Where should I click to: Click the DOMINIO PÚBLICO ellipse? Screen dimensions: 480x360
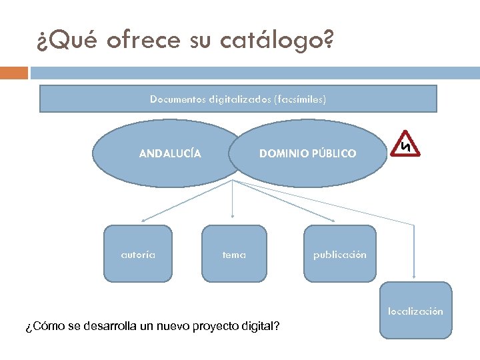click(x=308, y=153)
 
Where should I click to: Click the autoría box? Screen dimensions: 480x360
click(x=138, y=254)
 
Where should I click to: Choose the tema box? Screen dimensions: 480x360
click(x=234, y=254)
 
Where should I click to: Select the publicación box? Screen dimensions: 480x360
click(x=339, y=254)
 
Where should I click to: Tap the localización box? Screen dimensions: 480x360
click(x=416, y=311)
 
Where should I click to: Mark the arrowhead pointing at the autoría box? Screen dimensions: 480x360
click(x=143, y=219)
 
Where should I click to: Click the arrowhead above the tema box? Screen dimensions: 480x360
click(x=232, y=215)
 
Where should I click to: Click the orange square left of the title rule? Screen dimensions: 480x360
click(x=14, y=72)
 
